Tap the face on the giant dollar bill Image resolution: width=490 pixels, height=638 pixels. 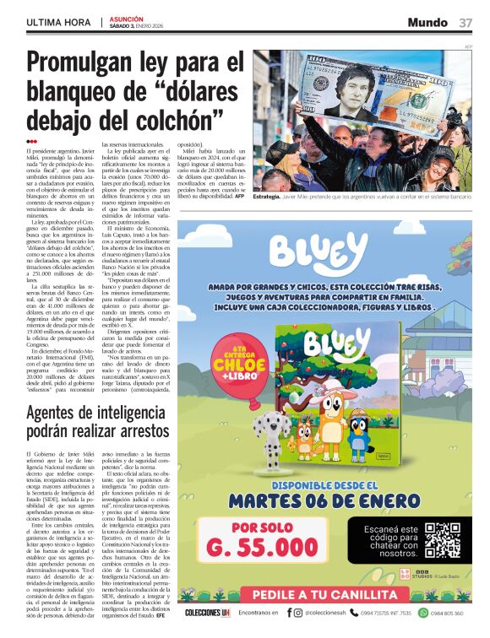(355, 87)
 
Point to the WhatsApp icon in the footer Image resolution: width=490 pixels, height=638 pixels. (423, 613)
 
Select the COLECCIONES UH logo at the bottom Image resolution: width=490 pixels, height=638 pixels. (207, 613)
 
